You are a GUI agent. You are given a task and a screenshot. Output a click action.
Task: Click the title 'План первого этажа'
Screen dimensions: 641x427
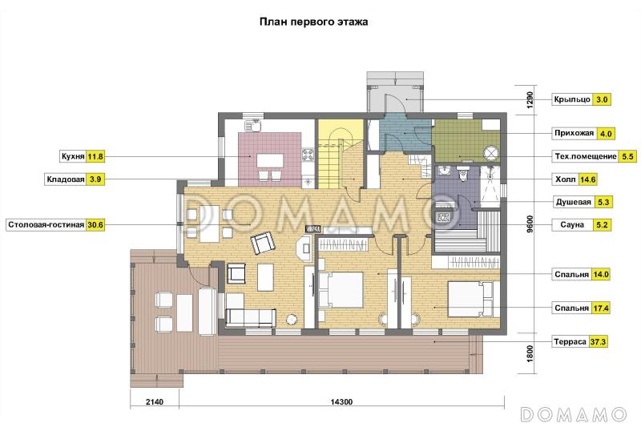313,22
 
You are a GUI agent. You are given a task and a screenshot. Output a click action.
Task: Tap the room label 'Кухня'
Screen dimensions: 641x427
73,156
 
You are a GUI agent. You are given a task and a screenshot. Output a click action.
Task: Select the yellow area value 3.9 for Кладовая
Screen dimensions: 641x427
95,179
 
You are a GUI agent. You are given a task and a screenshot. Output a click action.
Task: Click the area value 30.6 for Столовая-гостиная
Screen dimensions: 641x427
95,225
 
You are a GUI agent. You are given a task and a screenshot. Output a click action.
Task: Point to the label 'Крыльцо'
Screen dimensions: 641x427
572,99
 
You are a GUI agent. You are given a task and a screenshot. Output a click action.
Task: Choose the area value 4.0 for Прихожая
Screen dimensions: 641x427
606,134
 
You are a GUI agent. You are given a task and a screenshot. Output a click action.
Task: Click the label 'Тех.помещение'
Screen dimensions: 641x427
586,156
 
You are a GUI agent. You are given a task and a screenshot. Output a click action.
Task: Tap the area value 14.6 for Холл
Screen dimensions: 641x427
587,179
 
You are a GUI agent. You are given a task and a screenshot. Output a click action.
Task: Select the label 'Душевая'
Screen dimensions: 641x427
573,202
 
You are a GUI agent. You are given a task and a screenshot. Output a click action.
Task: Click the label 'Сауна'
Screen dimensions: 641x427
572,225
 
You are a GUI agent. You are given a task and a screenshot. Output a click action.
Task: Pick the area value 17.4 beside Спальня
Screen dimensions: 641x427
601,308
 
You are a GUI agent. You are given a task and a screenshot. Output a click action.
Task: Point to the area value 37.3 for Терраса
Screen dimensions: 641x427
598,341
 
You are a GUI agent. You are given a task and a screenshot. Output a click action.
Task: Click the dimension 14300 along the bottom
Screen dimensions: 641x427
341,401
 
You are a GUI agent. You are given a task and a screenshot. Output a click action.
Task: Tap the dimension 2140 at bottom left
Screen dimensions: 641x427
155,401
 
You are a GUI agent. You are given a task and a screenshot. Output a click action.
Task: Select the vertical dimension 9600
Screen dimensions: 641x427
530,224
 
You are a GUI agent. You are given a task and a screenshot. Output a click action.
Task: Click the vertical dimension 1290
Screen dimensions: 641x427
530,99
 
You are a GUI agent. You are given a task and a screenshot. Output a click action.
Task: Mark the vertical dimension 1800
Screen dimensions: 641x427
530,354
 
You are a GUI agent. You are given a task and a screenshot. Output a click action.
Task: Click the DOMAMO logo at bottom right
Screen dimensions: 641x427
574,414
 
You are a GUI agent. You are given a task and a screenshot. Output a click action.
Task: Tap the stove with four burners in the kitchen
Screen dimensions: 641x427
308,155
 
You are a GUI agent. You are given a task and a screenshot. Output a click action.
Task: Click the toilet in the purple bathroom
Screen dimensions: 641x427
463,173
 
